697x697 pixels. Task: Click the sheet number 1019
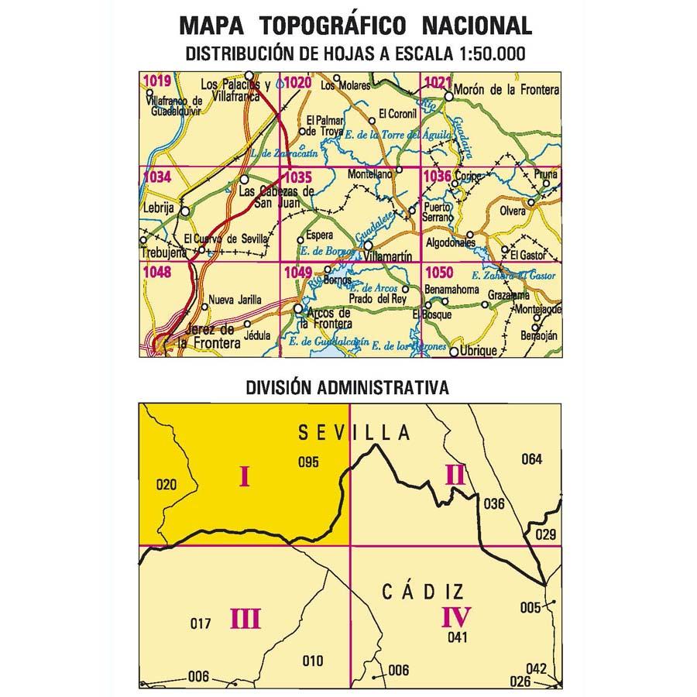tap(156, 81)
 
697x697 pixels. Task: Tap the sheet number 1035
tap(297, 177)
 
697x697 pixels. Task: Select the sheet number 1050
tap(439, 272)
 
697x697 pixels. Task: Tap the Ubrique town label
tap(478, 351)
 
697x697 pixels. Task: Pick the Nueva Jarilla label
tap(235, 301)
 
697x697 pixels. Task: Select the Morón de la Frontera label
tap(507, 91)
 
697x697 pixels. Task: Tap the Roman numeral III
tap(245, 619)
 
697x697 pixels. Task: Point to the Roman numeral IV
tap(455, 617)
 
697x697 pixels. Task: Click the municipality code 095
tap(308, 463)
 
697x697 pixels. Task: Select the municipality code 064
tap(531, 459)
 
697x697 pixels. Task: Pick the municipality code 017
tap(200, 623)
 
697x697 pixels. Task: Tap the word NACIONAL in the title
tap(477, 26)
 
